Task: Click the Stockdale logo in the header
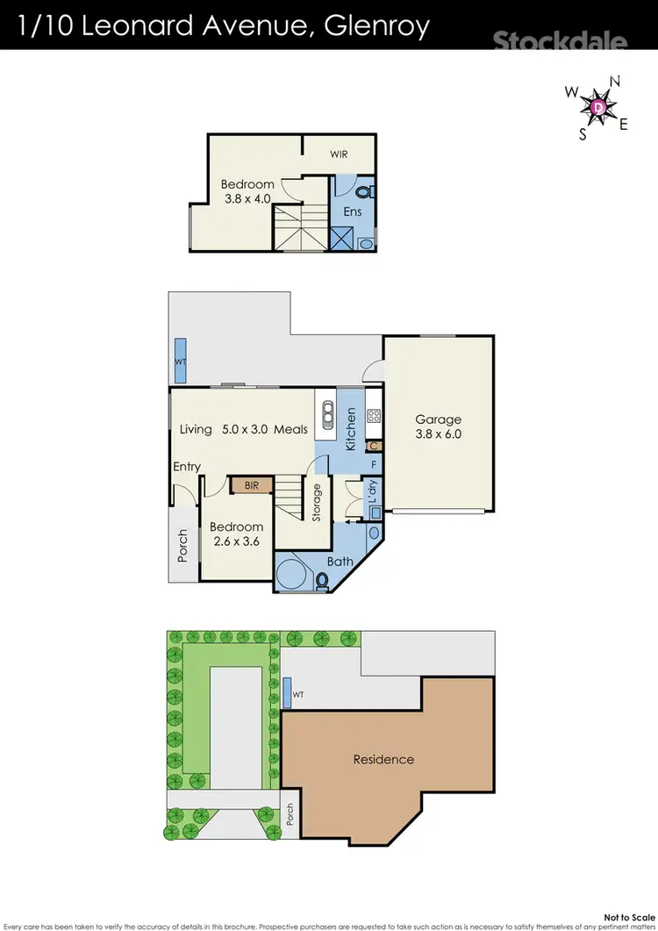coord(560,41)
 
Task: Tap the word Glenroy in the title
coord(378,26)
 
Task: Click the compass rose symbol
coord(598,106)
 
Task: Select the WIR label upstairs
coord(339,154)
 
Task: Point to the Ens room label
coord(352,211)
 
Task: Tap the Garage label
coord(438,419)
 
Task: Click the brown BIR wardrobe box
coord(251,484)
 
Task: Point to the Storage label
coord(317,503)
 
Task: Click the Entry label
coord(187,467)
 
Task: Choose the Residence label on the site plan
coord(383,759)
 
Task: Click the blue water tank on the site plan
coord(287,693)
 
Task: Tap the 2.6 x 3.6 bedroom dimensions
coord(236,541)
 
